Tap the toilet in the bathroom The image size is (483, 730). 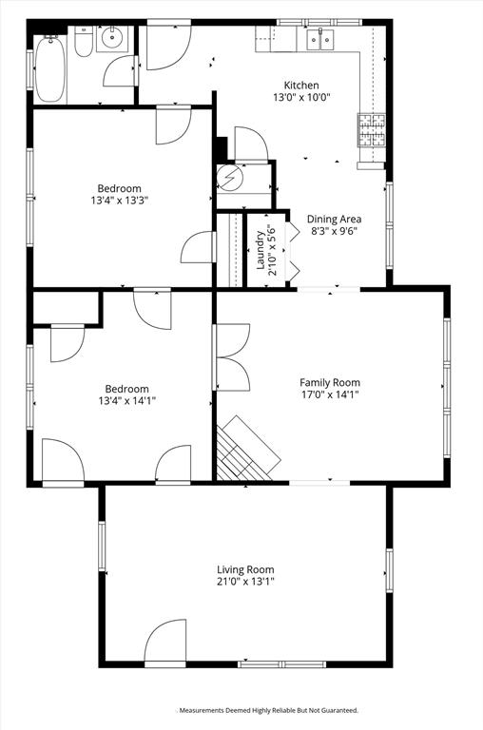click(83, 43)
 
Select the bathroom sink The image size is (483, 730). click(113, 40)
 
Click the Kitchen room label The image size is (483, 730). click(301, 86)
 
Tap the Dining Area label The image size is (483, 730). click(334, 219)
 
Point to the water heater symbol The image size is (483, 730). click(230, 178)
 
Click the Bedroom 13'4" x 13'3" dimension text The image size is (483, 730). click(120, 201)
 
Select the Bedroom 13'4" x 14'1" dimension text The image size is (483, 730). click(126, 401)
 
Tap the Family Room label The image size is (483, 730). click(330, 382)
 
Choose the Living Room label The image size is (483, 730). click(245, 568)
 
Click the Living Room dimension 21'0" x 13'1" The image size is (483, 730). click(245, 582)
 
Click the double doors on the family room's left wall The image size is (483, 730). click(228, 357)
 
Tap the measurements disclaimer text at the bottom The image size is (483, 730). click(268, 710)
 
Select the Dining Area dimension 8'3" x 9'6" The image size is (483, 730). click(334, 232)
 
